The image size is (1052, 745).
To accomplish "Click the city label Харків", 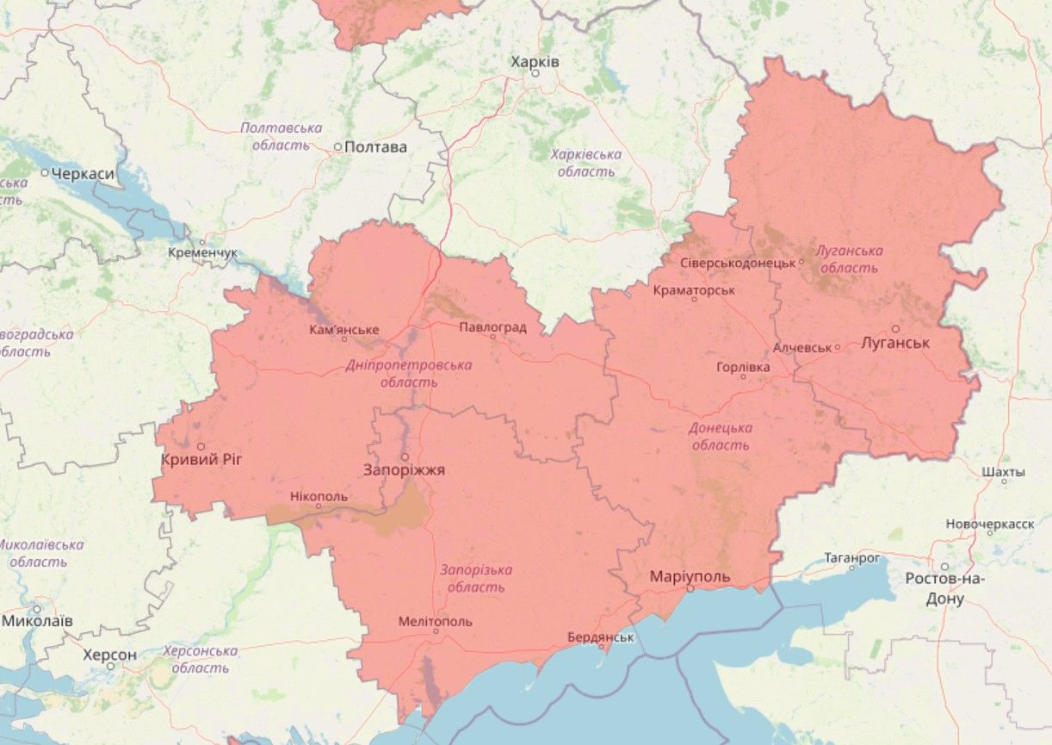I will coord(535,62).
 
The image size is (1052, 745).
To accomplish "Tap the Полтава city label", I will coord(375,147).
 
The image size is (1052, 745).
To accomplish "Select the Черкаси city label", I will coord(83,174).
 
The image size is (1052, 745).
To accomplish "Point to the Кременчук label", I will coord(202,253).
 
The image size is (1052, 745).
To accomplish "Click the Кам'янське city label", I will coord(344,330).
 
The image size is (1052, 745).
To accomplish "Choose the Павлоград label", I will coord(492,327).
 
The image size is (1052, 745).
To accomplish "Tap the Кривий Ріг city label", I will coord(201,460).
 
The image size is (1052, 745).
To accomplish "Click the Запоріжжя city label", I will coord(404,470).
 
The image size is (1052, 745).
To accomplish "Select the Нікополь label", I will coord(319,497).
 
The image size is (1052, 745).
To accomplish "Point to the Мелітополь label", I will coord(436,621).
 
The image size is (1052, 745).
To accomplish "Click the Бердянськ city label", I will coord(601,637).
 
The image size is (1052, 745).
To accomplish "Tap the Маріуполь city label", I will coord(690,576).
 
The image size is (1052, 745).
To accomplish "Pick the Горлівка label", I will coord(743,367).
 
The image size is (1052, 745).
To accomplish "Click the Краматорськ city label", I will coord(694,290).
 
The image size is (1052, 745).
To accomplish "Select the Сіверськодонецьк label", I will coord(737,263).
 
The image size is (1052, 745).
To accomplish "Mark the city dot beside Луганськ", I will coord(895,329).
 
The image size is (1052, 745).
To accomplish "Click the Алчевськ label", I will coord(802,348).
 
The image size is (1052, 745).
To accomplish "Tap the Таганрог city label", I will coord(852,558).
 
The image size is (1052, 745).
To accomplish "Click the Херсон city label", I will coord(109,655).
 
